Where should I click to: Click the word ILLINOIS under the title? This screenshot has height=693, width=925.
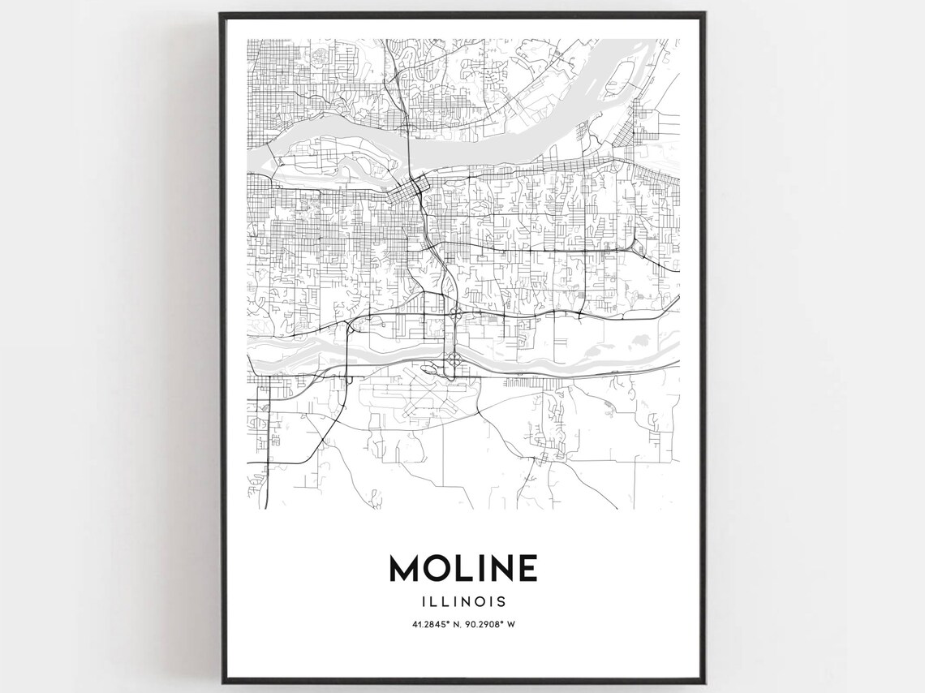(x=463, y=602)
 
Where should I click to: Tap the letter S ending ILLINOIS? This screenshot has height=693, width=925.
(x=502, y=602)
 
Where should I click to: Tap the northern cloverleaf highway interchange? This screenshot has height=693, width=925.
(x=456, y=312)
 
